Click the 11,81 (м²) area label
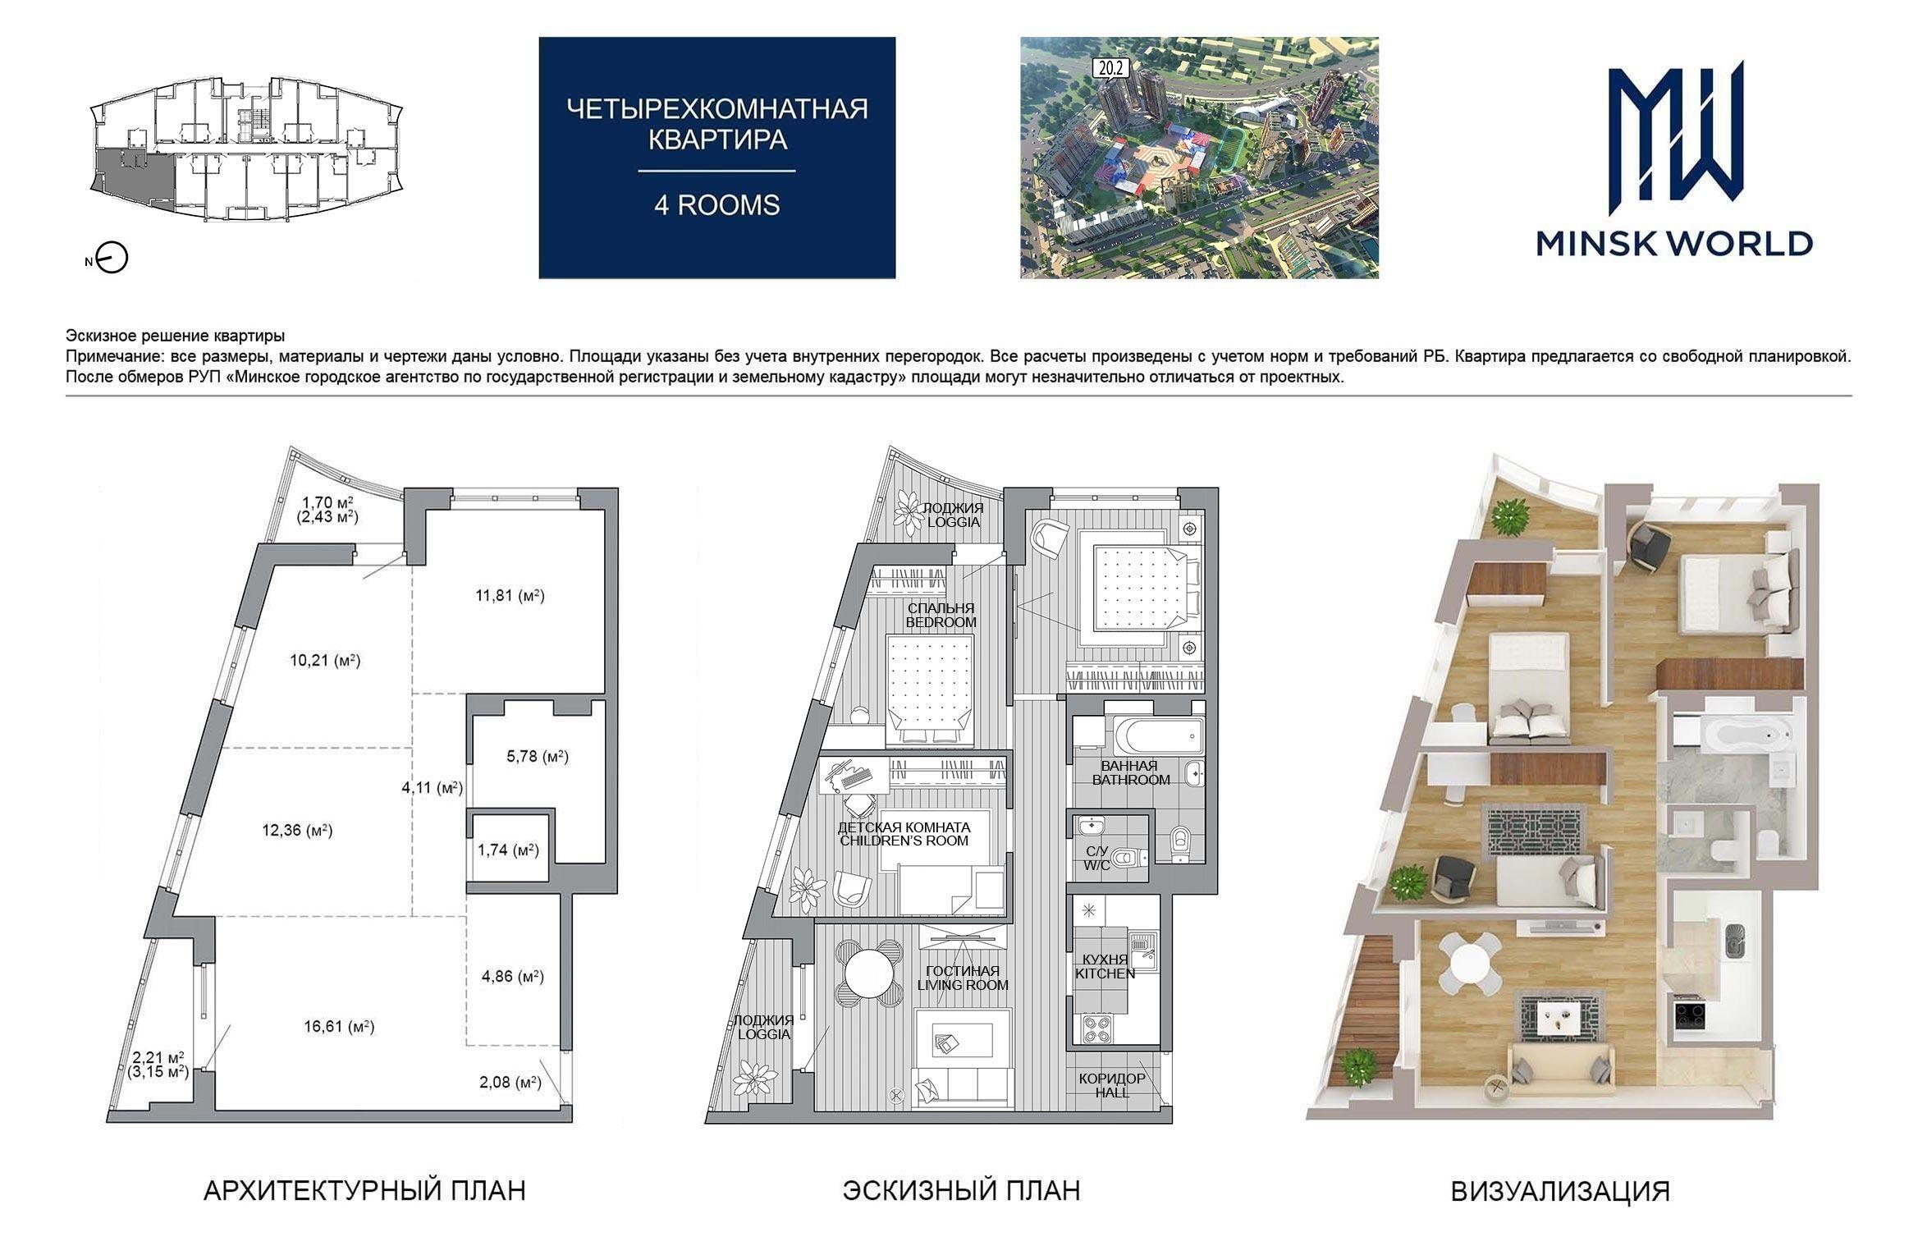tap(510, 595)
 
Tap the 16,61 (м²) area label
tap(339, 1026)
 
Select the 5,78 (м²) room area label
tap(538, 756)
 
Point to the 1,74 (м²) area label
tap(508, 850)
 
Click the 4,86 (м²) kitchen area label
tap(513, 976)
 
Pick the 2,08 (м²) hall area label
tap(510, 1082)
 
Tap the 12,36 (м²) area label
tap(297, 830)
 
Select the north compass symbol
tap(108, 259)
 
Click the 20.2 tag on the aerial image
tap(1110, 70)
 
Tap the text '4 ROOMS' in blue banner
tap(716, 204)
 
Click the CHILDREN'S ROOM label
tap(904, 841)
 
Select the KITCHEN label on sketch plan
tap(1105, 974)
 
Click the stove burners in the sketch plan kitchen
tap(1098, 1029)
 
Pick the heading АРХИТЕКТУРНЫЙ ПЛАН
tap(364, 1190)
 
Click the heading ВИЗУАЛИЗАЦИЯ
tap(1560, 1191)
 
